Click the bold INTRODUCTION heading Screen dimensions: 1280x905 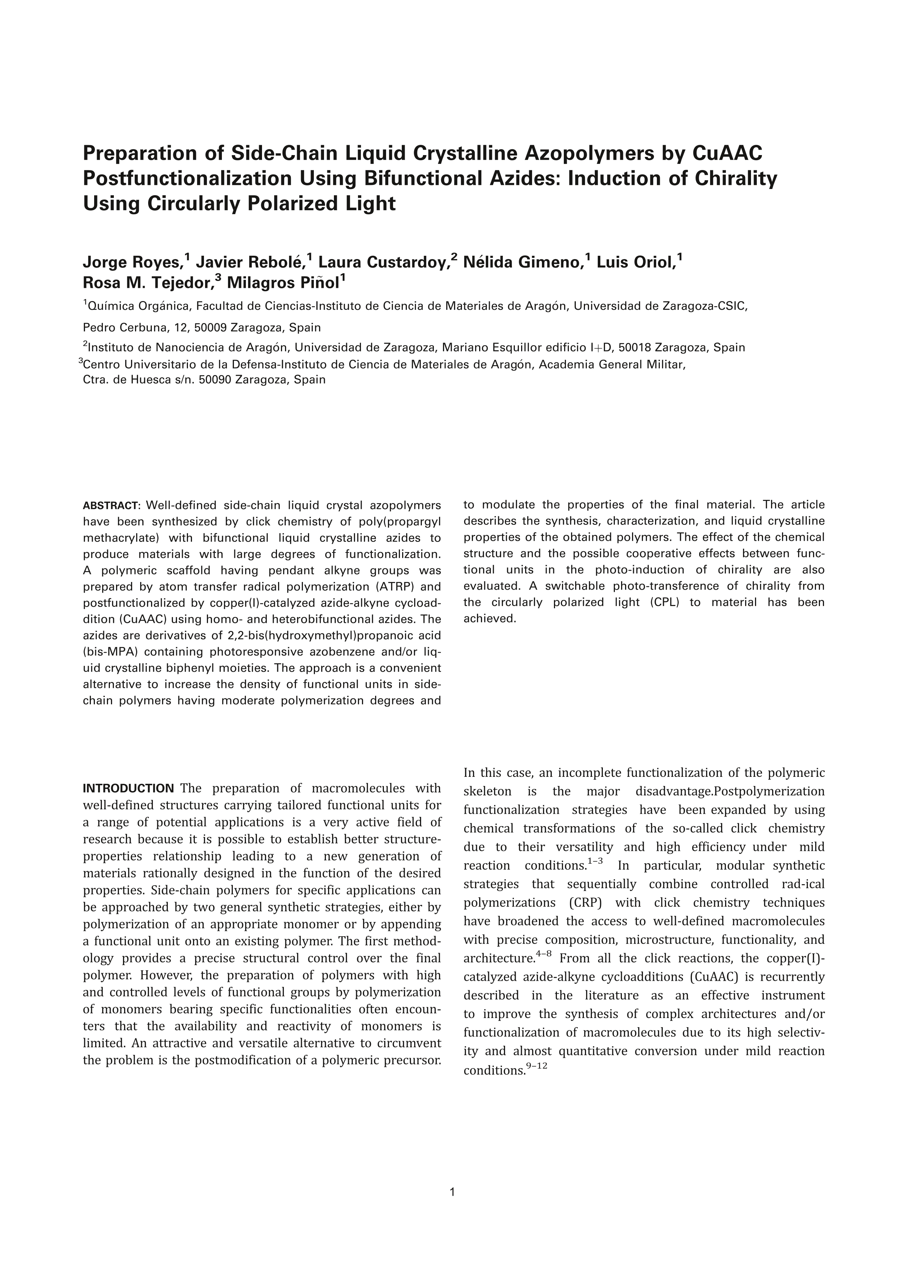click(x=128, y=788)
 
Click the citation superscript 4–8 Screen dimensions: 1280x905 click(x=543, y=954)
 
